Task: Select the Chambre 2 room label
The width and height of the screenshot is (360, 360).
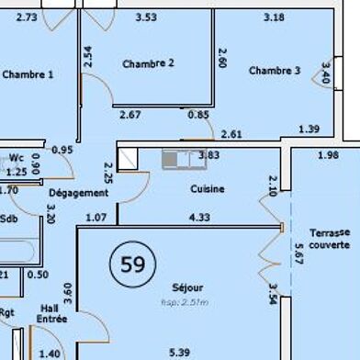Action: [x=147, y=63]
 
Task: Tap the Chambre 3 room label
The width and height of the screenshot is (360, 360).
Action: [x=274, y=71]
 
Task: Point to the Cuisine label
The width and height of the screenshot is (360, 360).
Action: [x=208, y=189]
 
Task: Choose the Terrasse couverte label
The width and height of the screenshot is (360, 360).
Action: [x=329, y=239]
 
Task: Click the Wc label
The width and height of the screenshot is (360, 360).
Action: [x=16, y=157]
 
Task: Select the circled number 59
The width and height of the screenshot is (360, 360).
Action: [x=128, y=265]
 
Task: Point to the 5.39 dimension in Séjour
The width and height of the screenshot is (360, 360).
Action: [x=181, y=353]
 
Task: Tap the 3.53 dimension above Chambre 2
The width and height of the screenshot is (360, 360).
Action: [x=146, y=17]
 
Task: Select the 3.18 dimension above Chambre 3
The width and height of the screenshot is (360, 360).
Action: [x=273, y=17]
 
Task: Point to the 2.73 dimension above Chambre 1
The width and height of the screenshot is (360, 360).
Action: [x=28, y=17]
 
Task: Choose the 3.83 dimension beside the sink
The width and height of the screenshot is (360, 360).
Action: [x=208, y=156]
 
